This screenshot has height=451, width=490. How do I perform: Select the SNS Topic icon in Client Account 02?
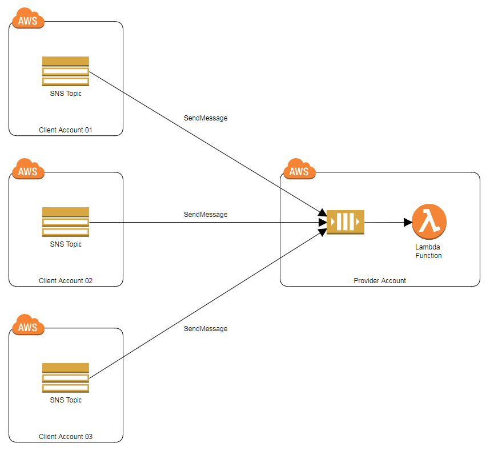66,222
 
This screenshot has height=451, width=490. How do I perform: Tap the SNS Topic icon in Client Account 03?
66,378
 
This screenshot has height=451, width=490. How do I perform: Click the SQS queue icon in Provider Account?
346,222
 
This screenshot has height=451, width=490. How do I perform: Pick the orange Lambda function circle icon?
428,222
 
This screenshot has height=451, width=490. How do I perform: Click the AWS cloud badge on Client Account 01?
27,21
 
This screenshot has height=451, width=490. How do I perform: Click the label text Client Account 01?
66,130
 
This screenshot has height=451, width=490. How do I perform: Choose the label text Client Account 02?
66,281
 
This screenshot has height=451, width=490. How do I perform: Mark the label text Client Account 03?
66,437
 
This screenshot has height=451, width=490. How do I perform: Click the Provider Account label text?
380,281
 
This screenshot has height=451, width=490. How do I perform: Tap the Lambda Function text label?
428,252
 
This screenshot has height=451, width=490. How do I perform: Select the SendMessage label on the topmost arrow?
206,118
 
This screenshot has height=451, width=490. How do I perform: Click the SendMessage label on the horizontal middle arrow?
206,215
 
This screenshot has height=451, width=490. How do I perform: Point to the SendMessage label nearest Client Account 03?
206,329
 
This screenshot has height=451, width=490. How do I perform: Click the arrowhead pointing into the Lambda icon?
407,222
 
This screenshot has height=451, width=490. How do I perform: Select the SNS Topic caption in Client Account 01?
66,94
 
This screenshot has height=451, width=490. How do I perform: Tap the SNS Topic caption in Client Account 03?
66,400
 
